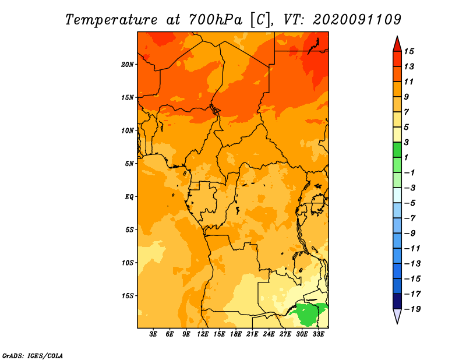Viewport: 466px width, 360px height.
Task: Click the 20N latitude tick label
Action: coord(127,65)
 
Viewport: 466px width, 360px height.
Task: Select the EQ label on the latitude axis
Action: coord(129,197)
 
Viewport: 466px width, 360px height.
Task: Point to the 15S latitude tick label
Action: coord(128,296)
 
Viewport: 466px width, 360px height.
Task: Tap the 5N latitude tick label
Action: coord(129,164)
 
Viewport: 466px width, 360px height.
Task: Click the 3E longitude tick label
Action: coord(153,334)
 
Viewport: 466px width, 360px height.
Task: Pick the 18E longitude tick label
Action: coord(236,334)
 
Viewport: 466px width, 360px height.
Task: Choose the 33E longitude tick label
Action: coord(318,334)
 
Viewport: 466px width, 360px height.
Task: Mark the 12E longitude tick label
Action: coord(203,334)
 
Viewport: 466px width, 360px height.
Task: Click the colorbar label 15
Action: coord(409,51)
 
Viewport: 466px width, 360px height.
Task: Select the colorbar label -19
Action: coord(412,309)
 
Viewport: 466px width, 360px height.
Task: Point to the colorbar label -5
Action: coord(410,203)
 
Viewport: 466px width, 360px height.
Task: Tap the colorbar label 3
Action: coord(407,142)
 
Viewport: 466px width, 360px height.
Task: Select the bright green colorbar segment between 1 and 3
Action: coord(397,150)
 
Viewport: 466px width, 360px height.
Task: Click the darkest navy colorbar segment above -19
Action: coord(397,301)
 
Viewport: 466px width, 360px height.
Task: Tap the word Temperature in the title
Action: coord(111,20)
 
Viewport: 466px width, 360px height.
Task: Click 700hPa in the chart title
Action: coord(215,20)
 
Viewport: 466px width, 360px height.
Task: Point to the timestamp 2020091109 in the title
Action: coord(356,20)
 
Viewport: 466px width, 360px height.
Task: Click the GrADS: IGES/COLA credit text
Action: coord(33,355)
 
